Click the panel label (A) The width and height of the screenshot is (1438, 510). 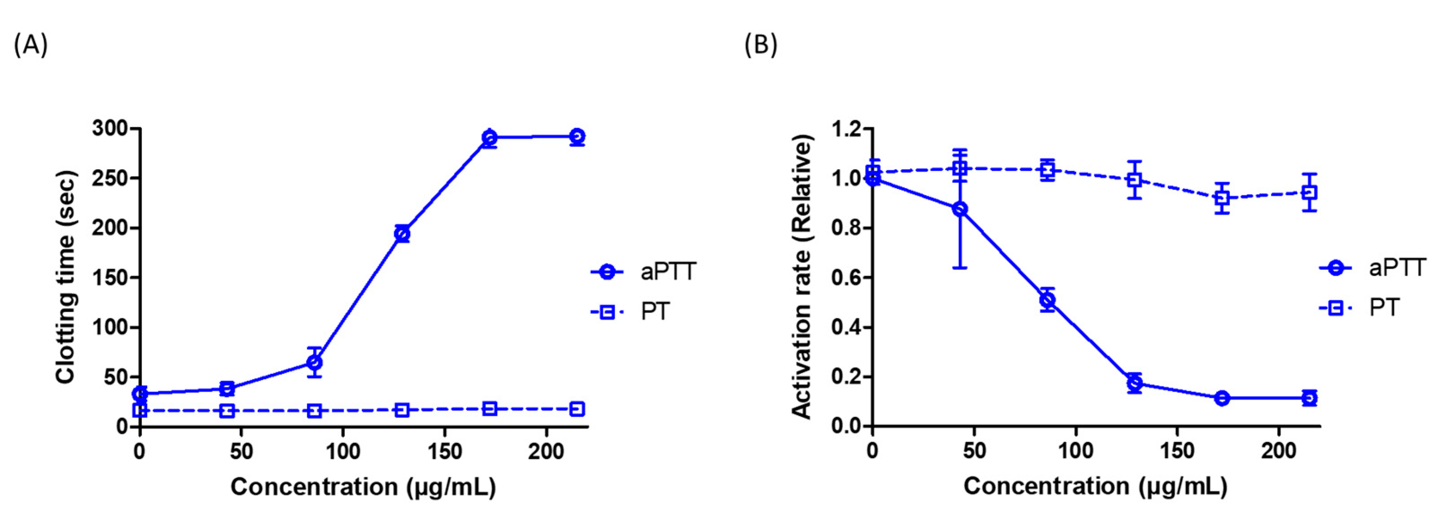pos(31,45)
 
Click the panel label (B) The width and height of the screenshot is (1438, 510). pos(761,45)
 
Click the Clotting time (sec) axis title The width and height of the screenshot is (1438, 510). pos(66,277)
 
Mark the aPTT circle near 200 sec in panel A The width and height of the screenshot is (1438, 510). pos(402,234)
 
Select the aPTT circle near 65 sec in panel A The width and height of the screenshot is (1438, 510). pos(314,363)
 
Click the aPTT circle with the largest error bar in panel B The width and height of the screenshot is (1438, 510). pos(960,209)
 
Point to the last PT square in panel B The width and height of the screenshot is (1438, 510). pos(1309,193)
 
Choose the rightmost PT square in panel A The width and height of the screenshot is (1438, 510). pos(577,409)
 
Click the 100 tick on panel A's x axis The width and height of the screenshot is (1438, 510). pos(343,451)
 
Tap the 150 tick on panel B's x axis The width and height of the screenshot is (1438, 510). pos(1177,451)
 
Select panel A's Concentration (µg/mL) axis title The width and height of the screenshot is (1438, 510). pos(363,487)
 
